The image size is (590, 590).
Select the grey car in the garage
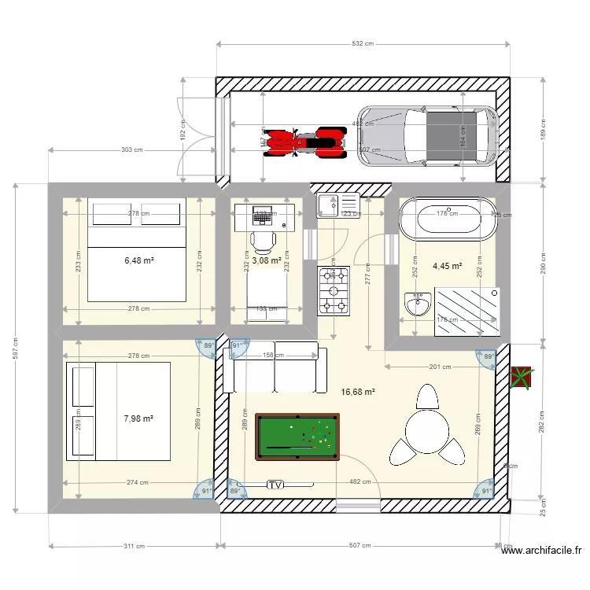[428, 135]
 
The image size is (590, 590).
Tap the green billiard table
[298, 437]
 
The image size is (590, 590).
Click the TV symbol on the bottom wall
[275, 485]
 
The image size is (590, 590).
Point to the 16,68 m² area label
[357, 391]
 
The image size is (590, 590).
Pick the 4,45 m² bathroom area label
[447, 267]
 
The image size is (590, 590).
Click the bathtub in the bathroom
[448, 219]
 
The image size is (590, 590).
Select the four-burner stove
[333, 291]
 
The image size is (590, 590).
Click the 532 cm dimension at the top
[362, 44]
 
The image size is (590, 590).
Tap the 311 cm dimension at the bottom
[135, 545]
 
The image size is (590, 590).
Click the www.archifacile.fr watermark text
[542, 552]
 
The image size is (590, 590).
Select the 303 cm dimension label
[131, 149]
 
